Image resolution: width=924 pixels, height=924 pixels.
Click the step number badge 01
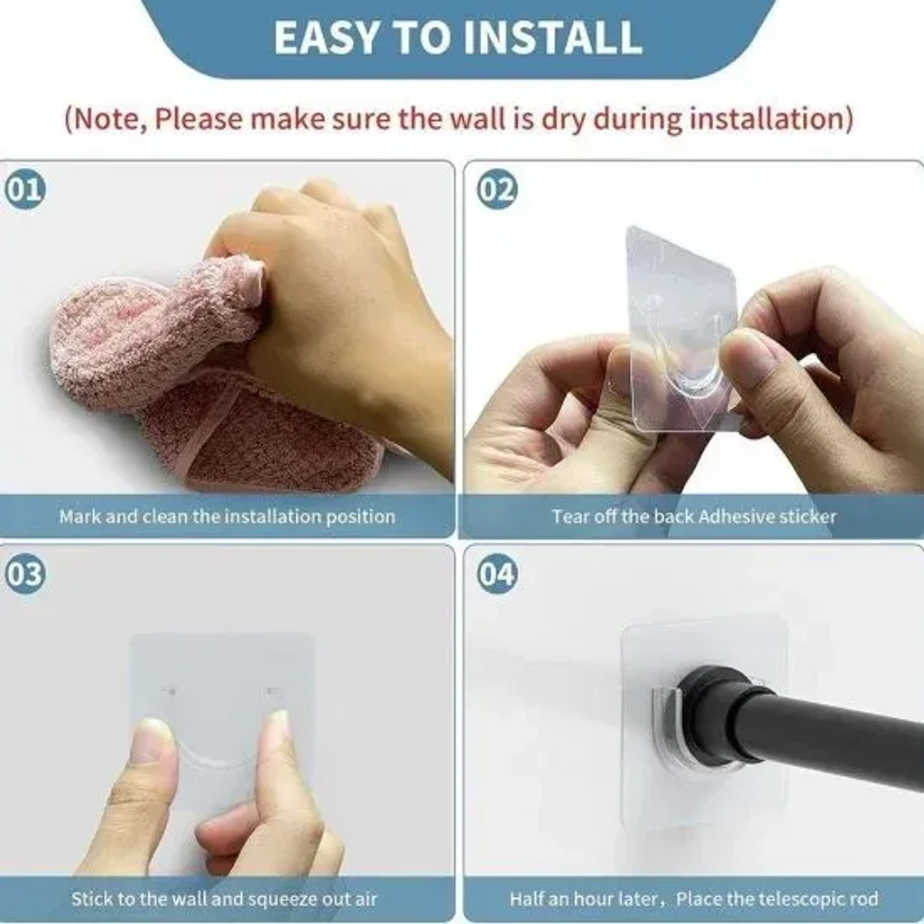pos(25,189)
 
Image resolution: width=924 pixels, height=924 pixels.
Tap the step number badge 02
pos(497,189)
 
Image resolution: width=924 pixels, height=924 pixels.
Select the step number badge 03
pos(25,574)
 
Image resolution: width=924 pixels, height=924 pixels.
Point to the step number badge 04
pos(497,574)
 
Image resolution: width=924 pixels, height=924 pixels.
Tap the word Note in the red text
pos(107,119)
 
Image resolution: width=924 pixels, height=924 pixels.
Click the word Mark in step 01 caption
pos(79,516)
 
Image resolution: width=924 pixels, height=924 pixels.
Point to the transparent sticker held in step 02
pos(678,308)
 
